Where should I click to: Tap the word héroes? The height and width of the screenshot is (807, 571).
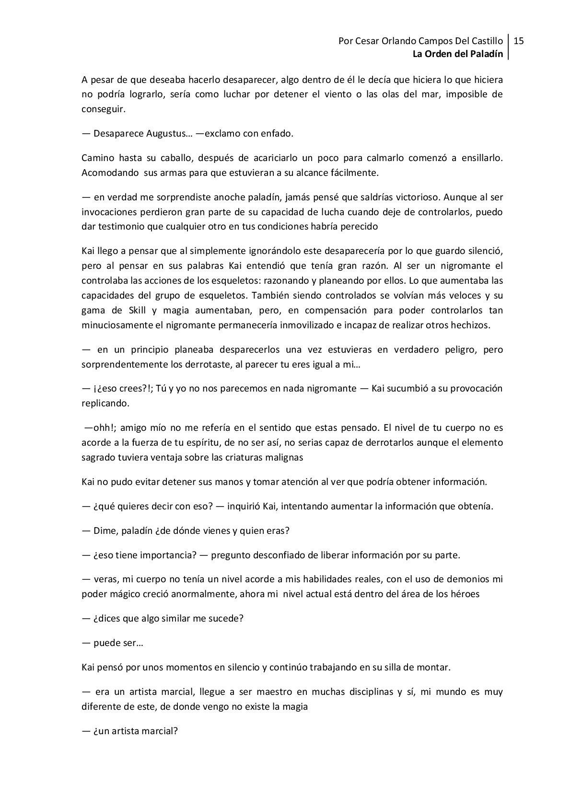465,594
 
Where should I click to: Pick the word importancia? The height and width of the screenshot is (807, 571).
167,555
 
